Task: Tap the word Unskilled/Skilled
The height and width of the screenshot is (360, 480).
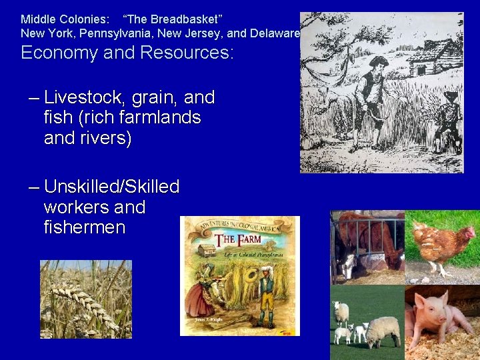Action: [x=111, y=187]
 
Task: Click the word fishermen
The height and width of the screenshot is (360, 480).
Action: [x=84, y=227]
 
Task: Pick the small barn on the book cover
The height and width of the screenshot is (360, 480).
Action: [x=208, y=250]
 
